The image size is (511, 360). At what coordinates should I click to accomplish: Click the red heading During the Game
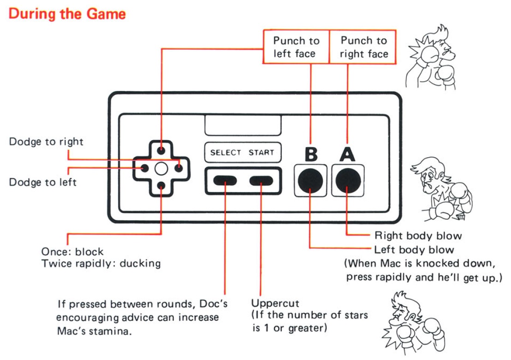coord(67,14)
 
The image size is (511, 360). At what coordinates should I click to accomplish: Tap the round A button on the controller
coord(347,181)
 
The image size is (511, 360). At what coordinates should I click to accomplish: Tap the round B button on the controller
coord(310,181)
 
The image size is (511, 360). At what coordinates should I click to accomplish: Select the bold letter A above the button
coord(347,154)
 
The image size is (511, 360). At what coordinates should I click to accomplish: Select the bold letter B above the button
coord(311,154)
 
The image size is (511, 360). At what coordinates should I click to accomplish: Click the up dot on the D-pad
coord(161,151)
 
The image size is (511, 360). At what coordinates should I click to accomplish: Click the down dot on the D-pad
coord(161,185)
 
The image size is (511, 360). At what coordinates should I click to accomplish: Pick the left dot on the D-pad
coord(144,168)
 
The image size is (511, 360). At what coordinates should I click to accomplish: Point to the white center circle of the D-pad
coord(161,168)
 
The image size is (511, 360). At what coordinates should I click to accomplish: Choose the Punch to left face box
coord(296,47)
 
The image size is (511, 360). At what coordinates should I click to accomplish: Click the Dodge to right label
coord(46,142)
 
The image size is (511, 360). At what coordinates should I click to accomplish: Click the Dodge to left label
coord(43,183)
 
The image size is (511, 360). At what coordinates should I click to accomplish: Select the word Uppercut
coord(275,303)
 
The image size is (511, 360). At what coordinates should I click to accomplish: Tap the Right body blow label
coord(418,236)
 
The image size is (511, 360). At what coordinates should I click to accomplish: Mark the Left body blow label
coord(414,250)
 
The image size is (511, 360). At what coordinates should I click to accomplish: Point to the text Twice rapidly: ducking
coord(101,264)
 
